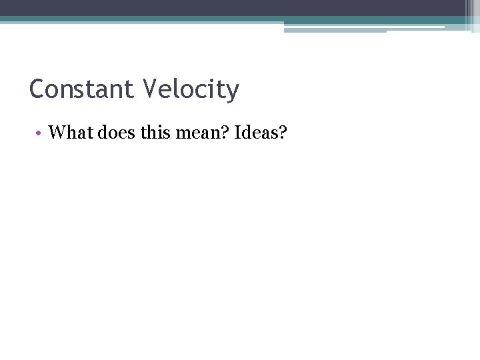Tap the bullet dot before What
pyautogui.click(x=40, y=133)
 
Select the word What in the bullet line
pyautogui.click(x=71, y=133)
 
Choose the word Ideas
pyautogui.click(x=254, y=133)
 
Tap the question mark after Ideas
pyautogui.click(x=282, y=133)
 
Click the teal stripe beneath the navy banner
pyautogui.click(x=200, y=19)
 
